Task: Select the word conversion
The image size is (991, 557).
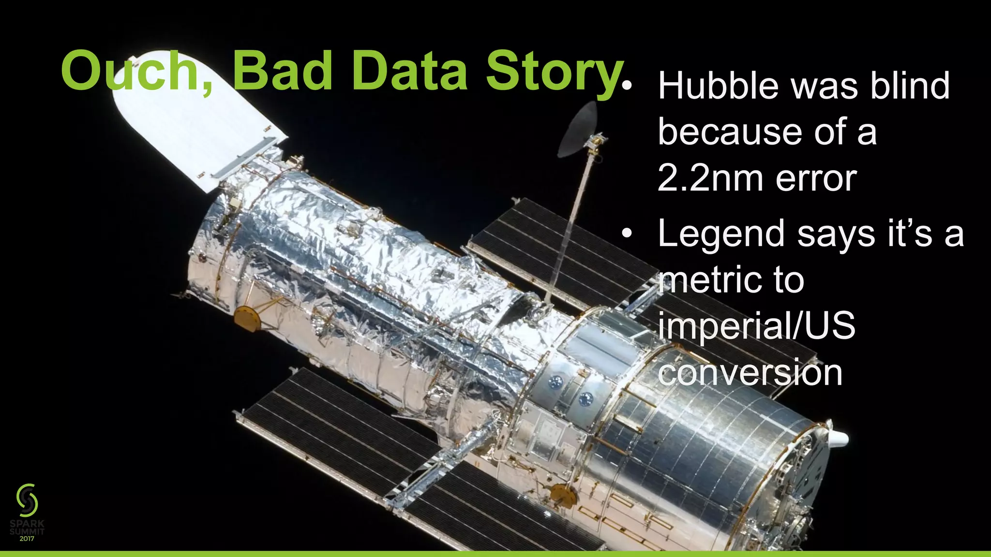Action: coord(750,372)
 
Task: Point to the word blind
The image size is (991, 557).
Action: coord(910,86)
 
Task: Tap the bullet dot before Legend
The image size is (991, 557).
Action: coord(627,234)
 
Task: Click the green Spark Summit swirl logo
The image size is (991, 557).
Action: coord(27,499)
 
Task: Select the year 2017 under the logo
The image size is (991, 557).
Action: coord(27,538)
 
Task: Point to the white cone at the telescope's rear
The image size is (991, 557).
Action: coord(838,438)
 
